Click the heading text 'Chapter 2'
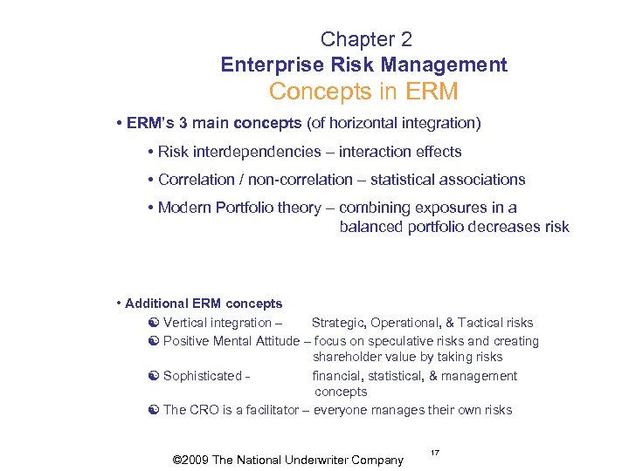[x=366, y=39]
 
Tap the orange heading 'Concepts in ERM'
[x=363, y=91]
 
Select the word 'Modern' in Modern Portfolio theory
[x=185, y=208]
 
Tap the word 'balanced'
[x=371, y=227]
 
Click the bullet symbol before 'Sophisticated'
[x=153, y=376]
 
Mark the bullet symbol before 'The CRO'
[x=153, y=410]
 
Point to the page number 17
[x=435, y=452]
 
